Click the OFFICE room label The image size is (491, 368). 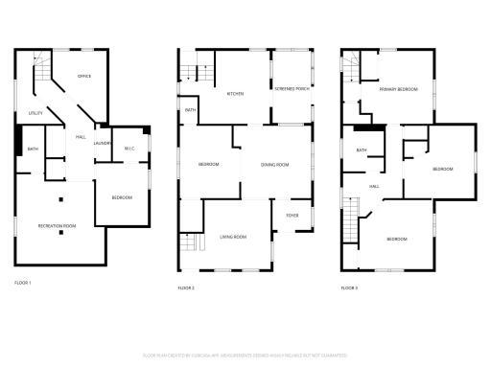tap(84, 77)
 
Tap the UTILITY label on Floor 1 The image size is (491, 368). tap(35, 114)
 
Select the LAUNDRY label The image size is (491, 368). tap(103, 144)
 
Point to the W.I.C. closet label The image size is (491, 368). tap(130, 147)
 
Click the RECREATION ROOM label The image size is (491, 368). tap(58, 225)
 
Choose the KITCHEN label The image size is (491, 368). tap(235, 94)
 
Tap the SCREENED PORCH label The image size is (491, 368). tap(292, 88)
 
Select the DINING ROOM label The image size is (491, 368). tap(275, 165)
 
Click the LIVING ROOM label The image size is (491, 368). tap(234, 236)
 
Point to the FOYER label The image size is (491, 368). tap(292, 215)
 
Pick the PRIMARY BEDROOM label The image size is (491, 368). tap(398, 88)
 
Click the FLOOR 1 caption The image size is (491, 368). tap(23, 283)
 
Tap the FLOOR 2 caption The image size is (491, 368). tap(186, 287)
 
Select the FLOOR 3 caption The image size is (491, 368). tap(349, 287)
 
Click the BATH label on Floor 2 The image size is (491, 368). tap(190, 110)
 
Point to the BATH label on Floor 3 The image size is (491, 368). tap(362, 150)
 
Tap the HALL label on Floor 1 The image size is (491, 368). tap(81, 137)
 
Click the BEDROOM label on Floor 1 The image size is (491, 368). tap(122, 197)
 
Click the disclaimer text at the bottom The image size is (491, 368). tap(246, 355)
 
